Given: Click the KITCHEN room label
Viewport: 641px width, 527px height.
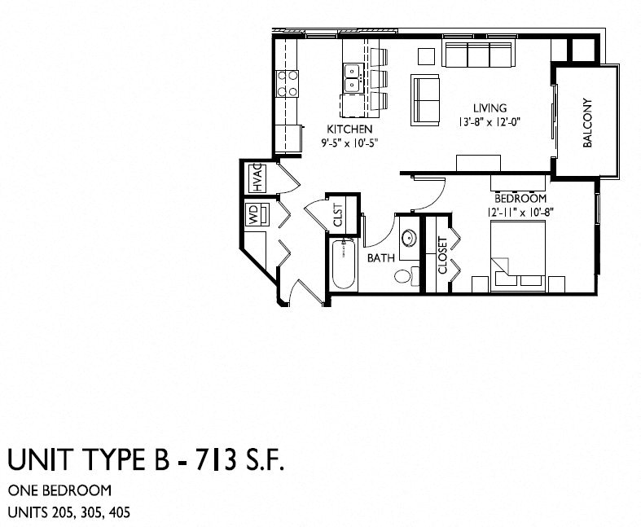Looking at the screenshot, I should point(349,130).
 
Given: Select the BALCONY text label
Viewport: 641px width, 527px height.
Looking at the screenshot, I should point(588,123).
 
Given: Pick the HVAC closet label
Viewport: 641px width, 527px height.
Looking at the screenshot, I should point(256,177).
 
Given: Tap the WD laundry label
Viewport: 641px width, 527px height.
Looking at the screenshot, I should point(253,215).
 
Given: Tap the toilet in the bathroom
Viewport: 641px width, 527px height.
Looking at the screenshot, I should point(404,275).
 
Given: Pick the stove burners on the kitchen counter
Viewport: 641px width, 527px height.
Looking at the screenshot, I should point(288,81).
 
